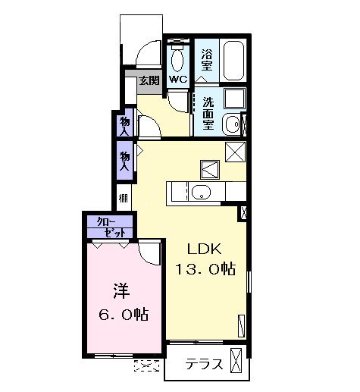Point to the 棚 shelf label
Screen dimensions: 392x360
124,199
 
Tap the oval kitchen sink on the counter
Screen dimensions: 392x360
200,192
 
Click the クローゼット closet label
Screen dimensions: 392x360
109,227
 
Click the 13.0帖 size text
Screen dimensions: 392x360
205,268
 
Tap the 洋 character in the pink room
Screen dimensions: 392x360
121,290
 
